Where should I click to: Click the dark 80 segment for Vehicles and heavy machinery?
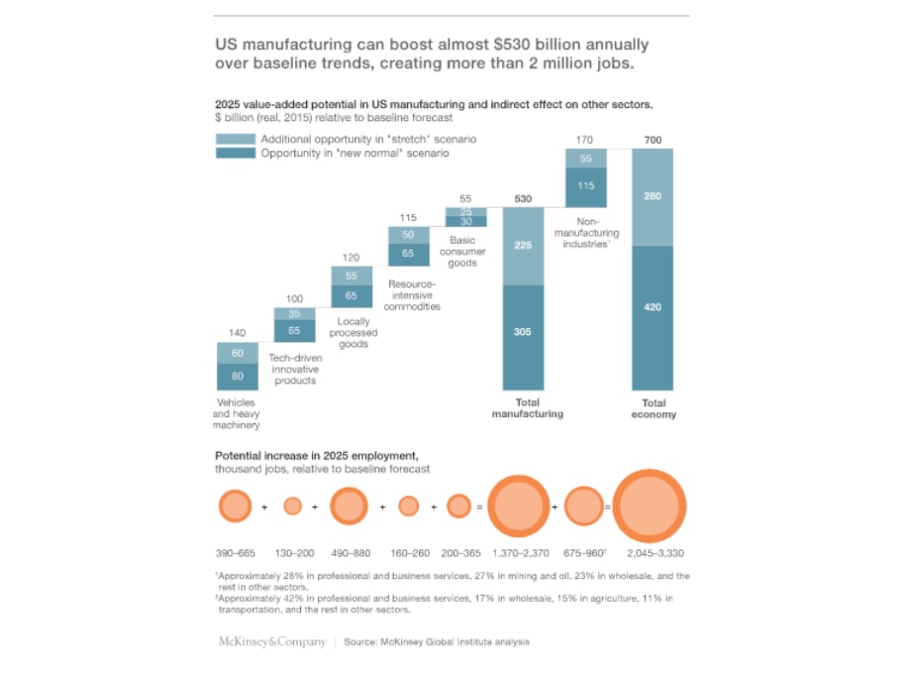[x=237, y=376]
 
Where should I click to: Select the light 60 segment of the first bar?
[x=237, y=352]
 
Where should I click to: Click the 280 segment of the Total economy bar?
[x=653, y=197]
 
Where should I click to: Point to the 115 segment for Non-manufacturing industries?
[x=585, y=185]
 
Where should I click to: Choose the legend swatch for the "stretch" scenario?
[x=235, y=140]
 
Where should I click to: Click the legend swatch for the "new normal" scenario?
[x=235, y=154]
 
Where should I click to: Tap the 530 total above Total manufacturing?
[x=523, y=199]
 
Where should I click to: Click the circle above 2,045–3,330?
[x=650, y=507]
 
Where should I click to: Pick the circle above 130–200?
[x=292, y=507]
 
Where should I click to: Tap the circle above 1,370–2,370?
[x=518, y=507]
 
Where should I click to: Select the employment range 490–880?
[x=349, y=552]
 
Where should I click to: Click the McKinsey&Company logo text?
[x=271, y=642]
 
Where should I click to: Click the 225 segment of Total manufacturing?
[x=523, y=246]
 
